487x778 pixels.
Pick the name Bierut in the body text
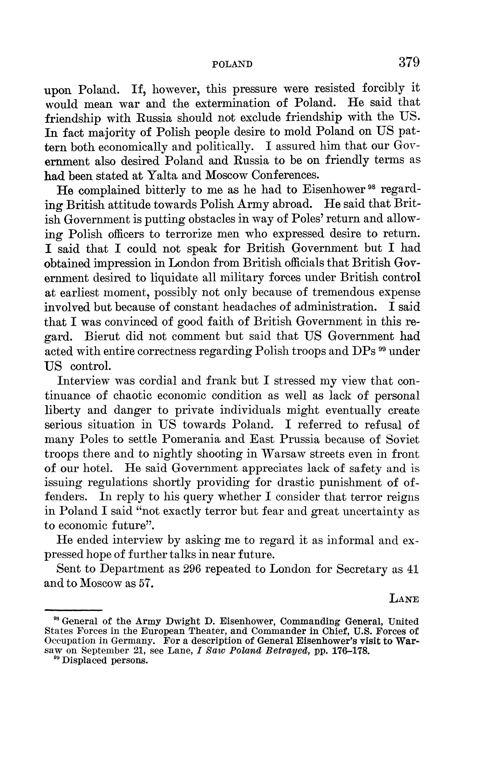pyautogui.click(x=102, y=336)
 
